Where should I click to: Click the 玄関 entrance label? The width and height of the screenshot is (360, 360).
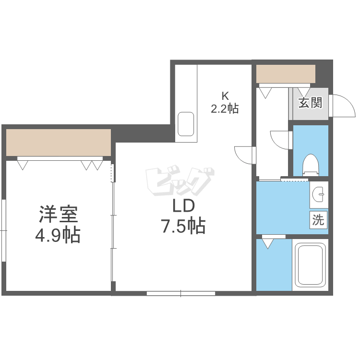click(x=311, y=103)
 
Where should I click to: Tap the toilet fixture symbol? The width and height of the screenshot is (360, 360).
click(x=311, y=165)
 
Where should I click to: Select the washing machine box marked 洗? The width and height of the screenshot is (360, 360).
click(x=318, y=220)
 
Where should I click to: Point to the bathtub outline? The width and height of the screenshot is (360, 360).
click(x=310, y=265)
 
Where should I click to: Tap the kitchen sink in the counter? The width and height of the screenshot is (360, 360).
click(x=186, y=124)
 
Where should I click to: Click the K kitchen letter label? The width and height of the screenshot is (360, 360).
click(x=225, y=96)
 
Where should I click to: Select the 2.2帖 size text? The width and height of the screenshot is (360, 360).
click(x=225, y=108)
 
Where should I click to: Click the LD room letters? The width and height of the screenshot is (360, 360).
click(x=183, y=206)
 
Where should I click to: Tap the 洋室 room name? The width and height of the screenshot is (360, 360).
click(x=59, y=214)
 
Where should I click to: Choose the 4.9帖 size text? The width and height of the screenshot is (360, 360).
click(x=58, y=235)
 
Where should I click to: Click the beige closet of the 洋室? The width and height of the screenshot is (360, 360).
click(x=59, y=143)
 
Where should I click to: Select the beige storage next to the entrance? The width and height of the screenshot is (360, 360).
click(x=286, y=74)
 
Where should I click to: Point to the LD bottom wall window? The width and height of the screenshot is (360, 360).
click(x=181, y=293)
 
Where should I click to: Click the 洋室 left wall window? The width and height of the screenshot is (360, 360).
click(x=3, y=230)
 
